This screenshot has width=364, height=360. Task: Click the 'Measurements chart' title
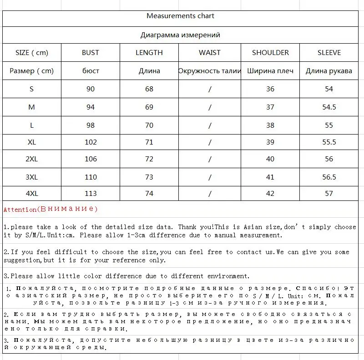[180, 16]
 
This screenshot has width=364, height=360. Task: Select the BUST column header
[90, 53]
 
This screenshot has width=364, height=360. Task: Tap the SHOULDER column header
[270, 53]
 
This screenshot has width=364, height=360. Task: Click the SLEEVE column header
[329, 53]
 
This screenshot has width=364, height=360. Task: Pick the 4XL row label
[31, 193]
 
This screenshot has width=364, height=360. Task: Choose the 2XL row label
[31, 159]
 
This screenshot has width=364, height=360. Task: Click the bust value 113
[91, 193]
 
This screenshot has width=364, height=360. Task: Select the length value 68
[149, 89]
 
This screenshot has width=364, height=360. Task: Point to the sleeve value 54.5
[329, 107]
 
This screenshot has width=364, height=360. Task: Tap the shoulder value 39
[270, 142]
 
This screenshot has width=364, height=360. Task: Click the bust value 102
[91, 142]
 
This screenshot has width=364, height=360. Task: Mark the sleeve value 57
[329, 193]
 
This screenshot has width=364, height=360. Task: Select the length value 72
[149, 159]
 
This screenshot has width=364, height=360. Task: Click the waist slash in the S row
[210, 89]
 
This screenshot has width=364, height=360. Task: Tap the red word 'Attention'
[20, 210]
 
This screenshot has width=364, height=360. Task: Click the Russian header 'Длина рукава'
[329, 71]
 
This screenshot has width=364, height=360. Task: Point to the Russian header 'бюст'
[91, 71]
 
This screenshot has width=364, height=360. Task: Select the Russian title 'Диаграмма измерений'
[180, 35]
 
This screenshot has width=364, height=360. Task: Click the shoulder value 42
[270, 193]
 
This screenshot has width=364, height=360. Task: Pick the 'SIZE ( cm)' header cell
[31, 53]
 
